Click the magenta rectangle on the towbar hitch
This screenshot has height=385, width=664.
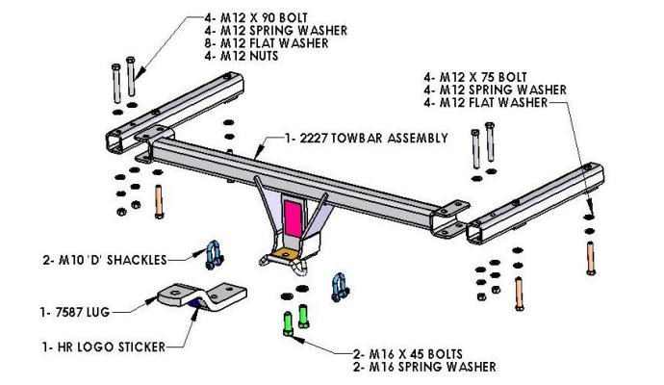[x=293, y=217]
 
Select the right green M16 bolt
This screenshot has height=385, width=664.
[x=304, y=318]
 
